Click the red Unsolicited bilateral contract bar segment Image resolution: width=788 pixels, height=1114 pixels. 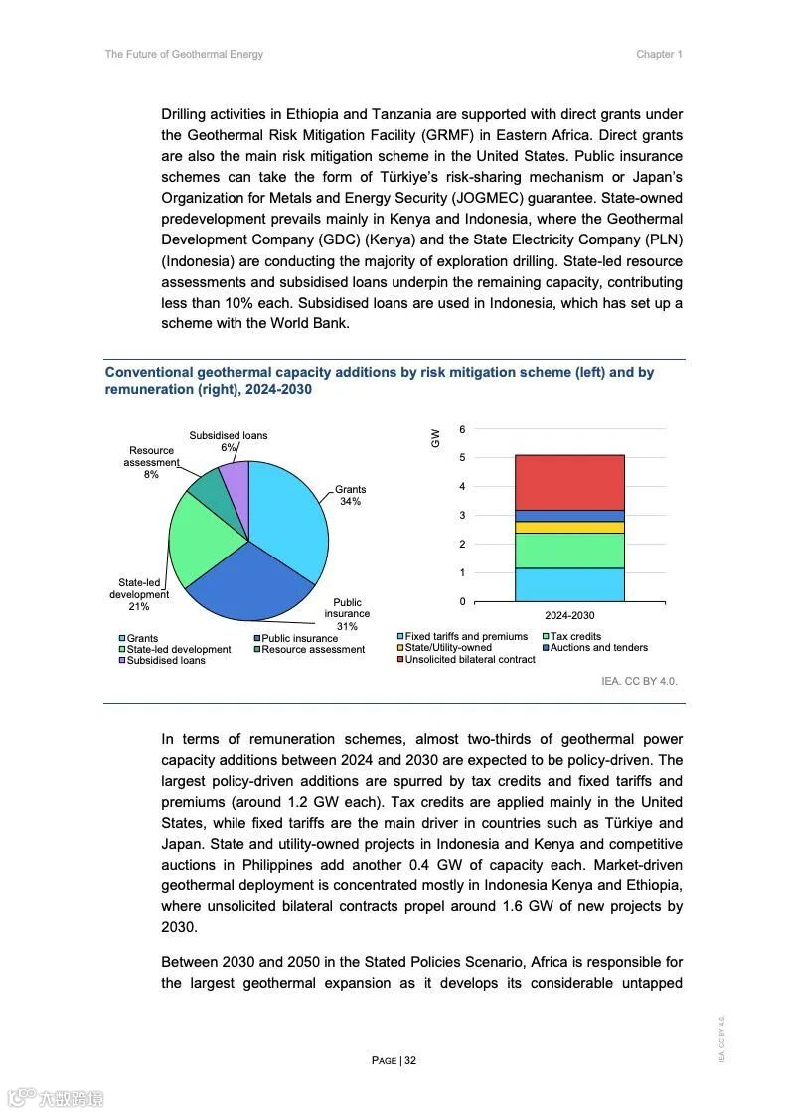click(569, 482)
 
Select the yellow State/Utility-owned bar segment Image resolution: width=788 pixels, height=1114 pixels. click(569, 527)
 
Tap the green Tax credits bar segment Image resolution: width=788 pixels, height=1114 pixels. click(569, 551)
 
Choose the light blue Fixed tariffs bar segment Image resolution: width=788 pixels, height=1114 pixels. click(569, 584)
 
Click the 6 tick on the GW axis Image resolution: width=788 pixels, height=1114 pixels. click(462, 429)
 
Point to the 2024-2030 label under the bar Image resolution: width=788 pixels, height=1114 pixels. click(569, 615)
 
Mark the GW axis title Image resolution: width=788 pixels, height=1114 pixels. click(435, 438)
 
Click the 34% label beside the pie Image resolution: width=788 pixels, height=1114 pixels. click(350, 502)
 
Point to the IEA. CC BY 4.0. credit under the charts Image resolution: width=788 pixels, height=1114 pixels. click(639, 681)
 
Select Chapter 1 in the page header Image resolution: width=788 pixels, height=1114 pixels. click(659, 54)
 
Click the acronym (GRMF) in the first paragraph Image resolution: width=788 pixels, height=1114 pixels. click(472, 135)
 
